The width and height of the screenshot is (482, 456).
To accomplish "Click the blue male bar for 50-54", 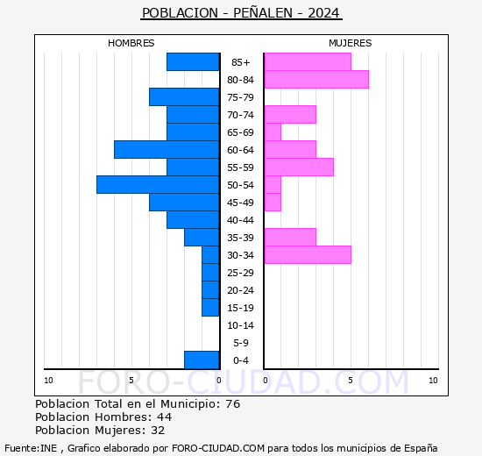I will (158, 184).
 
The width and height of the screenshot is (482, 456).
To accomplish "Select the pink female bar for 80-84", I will (315, 79).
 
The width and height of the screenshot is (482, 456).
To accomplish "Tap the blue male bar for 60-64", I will (167, 149).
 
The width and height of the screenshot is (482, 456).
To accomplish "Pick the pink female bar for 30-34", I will (307, 254).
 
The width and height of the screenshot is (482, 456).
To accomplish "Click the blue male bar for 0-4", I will (202, 360).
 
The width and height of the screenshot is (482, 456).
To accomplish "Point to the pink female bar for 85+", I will (307, 61).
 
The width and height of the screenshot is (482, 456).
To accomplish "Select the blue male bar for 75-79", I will (184, 96).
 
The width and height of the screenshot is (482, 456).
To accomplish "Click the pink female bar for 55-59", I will (298, 167).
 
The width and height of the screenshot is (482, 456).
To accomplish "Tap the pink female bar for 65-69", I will (273, 132).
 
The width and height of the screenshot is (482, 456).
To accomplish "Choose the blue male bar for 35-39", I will (202, 237).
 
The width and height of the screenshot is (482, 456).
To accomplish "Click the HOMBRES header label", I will (131, 43).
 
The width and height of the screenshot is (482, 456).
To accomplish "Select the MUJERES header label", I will (350, 43).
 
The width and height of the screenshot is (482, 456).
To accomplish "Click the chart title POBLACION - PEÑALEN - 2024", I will (241, 13).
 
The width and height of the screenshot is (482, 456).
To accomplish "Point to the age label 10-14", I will (241, 325).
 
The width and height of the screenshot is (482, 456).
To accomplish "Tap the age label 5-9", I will (241, 343).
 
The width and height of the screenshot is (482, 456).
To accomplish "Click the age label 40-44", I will (241, 220).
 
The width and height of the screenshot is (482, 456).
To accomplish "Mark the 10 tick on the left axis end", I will (48, 380).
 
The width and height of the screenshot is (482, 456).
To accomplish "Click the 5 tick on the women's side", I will (350, 380).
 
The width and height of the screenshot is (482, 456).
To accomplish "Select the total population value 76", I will (232, 404).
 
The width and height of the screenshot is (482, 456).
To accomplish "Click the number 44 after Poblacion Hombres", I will (163, 417).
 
